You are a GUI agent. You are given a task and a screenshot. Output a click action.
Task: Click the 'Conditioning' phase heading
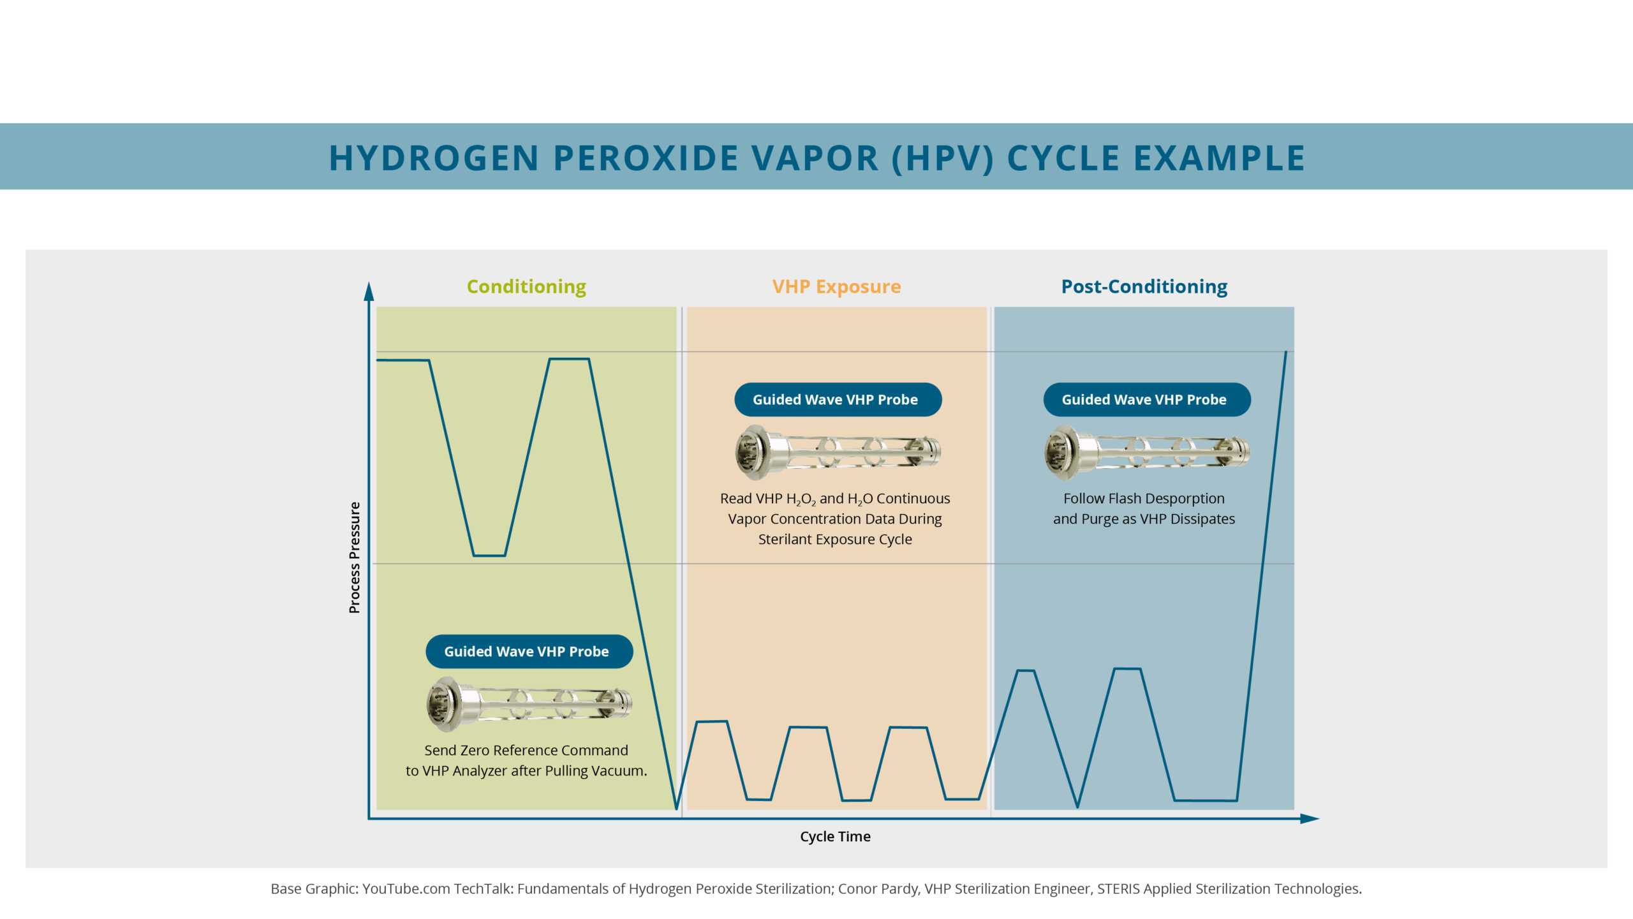pos(526,287)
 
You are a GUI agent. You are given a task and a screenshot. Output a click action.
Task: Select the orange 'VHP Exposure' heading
pos(836,287)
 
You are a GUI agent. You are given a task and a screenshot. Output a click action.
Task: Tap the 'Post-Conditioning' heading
pos(1144,287)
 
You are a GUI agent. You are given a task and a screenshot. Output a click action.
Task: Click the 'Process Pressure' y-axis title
pos(354,557)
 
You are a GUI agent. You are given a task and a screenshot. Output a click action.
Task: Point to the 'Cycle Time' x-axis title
pos(835,836)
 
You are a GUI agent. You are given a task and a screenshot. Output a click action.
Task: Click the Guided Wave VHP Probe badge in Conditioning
pos(529,651)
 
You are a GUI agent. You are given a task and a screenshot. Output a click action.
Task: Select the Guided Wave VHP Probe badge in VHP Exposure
pos(838,399)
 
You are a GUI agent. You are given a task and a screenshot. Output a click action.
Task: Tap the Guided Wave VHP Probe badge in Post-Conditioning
pos(1146,399)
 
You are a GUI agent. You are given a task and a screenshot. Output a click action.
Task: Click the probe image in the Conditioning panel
pos(529,704)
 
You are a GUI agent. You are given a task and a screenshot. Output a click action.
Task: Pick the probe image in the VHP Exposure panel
pos(838,452)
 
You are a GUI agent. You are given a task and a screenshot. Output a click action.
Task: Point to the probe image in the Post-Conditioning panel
pos(1146,452)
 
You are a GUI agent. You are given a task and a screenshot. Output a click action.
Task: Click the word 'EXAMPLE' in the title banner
pos(1219,158)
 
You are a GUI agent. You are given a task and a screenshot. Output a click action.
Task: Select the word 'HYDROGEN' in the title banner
pos(434,158)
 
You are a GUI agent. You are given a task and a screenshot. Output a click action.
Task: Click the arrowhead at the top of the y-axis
pos(369,291)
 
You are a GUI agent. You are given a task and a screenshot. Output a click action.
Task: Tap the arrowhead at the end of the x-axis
pos(1310,818)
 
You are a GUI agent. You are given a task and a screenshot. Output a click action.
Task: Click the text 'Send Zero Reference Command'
pos(526,750)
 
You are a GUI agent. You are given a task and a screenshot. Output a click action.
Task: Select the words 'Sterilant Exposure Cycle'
pos(835,540)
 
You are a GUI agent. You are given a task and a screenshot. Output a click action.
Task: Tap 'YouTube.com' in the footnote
pos(406,888)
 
